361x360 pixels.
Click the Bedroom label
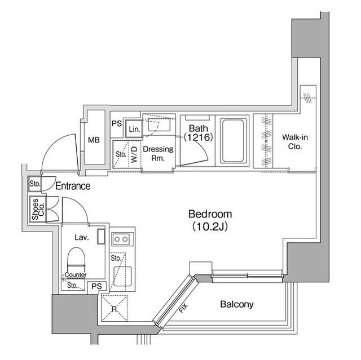coord(210,214)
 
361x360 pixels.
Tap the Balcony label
coord(237,304)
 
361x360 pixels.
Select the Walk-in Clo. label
coord(295,142)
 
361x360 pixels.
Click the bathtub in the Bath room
coord(232,141)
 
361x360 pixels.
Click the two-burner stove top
coord(121,239)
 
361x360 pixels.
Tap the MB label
coord(94,140)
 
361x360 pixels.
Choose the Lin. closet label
coord(134,129)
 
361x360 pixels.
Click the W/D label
coord(134,155)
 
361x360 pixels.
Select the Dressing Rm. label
coord(158,154)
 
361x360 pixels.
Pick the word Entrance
coord(73,186)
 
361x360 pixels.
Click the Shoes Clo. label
coord(38,209)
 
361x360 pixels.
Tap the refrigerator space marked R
coord(115,308)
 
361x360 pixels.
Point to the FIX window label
coord(183,308)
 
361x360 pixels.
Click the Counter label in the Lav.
coord(76,275)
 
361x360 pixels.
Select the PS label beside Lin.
coord(117,123)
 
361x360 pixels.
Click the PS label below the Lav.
coord(96,286)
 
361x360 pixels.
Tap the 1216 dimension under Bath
coord(198,137)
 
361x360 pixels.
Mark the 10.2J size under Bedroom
coord(210,226)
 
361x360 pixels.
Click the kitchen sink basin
coord(123,276)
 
